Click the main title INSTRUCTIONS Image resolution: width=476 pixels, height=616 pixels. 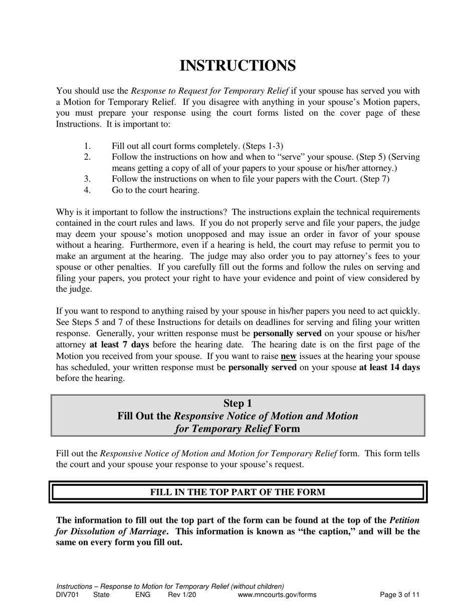237,66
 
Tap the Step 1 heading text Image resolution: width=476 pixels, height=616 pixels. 237,404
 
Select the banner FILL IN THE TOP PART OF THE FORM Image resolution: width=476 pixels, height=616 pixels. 237,492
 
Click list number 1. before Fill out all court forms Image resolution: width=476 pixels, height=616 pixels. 87,146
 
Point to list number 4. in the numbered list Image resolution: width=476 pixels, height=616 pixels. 87,190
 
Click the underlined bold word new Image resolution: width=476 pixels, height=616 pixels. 288,357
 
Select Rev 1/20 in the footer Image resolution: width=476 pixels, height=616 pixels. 182,595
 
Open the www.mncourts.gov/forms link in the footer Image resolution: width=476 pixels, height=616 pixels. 277,595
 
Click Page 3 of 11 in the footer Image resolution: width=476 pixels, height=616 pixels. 399,595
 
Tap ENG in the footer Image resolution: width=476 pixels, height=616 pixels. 143,595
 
